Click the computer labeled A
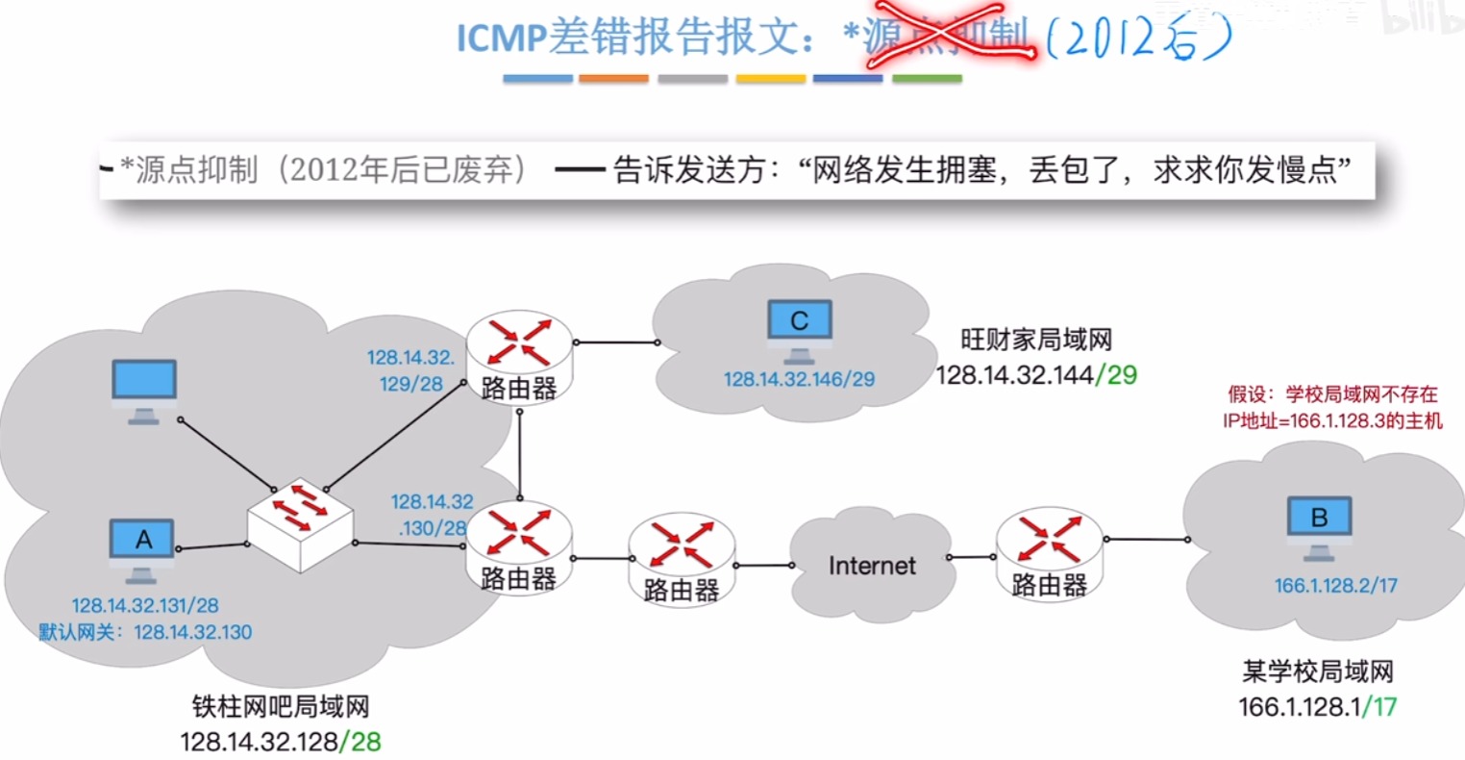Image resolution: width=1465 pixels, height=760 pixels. pyautogui.click(x=142, y=548)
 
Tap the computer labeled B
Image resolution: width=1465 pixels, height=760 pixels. pyautogui.click(x=1319, y=525)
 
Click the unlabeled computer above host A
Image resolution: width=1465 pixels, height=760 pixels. pyautogui.click(x=144, y=389)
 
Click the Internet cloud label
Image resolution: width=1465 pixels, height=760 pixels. pyautogui.click(x=872, y=566)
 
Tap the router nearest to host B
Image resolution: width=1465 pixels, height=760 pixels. pyautogui.click(x=1049, y=552)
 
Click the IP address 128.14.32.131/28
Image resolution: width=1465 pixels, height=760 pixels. pyautogui.click(x=145, y=606)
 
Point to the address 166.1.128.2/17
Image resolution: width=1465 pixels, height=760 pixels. pyautogui.click(x=1335, y=585)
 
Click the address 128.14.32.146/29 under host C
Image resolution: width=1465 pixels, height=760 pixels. pyautogui.click(x=799, y=379)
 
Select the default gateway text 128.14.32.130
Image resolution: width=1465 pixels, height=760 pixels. pyautogui.click(x=192, y=632)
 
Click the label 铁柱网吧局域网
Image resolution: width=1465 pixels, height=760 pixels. pyautogui.click(x=280, y=707)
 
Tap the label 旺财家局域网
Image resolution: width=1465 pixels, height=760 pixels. pyautogui.click(x=1035, y=340)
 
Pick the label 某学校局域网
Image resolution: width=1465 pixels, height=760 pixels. pyautogui.click(x=1317, y=671)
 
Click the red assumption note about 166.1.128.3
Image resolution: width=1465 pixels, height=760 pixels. pyautogui.click(x=1332, y=407)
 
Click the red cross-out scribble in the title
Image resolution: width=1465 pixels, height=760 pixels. pyautogui.click(x=947, y=39)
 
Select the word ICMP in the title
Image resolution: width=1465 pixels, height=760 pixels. pyautogui.click(x=500, y=38)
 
